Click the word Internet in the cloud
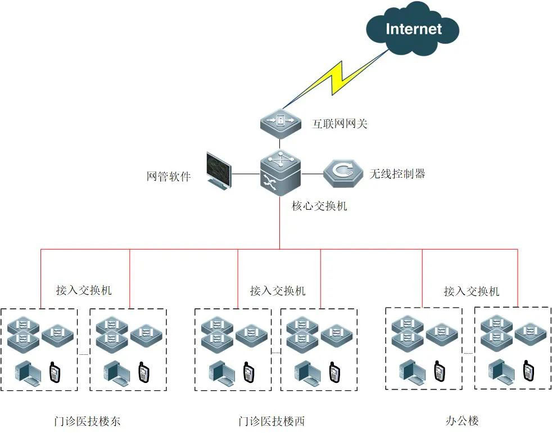click(414, 29)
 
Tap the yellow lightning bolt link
click(336, 79)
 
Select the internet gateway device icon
click(280, 124)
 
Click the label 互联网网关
click(340, 124)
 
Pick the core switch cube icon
click(280, 173)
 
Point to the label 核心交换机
click(319, 206)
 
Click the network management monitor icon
click(219, 171)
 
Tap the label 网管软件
click(169, 176)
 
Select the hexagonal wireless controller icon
click(343, 173)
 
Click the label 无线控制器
click(397, 173)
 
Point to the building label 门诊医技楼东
click(87, 421)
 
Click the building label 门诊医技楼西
click(272, 421)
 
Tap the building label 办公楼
click(462, 421)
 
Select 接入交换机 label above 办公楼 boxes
click(472, 291)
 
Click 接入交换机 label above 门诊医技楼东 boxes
click(84, 290)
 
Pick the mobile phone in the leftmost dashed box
click(54, 372)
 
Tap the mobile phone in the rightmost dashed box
click(528, 371)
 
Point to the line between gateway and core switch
click(280, 144)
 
